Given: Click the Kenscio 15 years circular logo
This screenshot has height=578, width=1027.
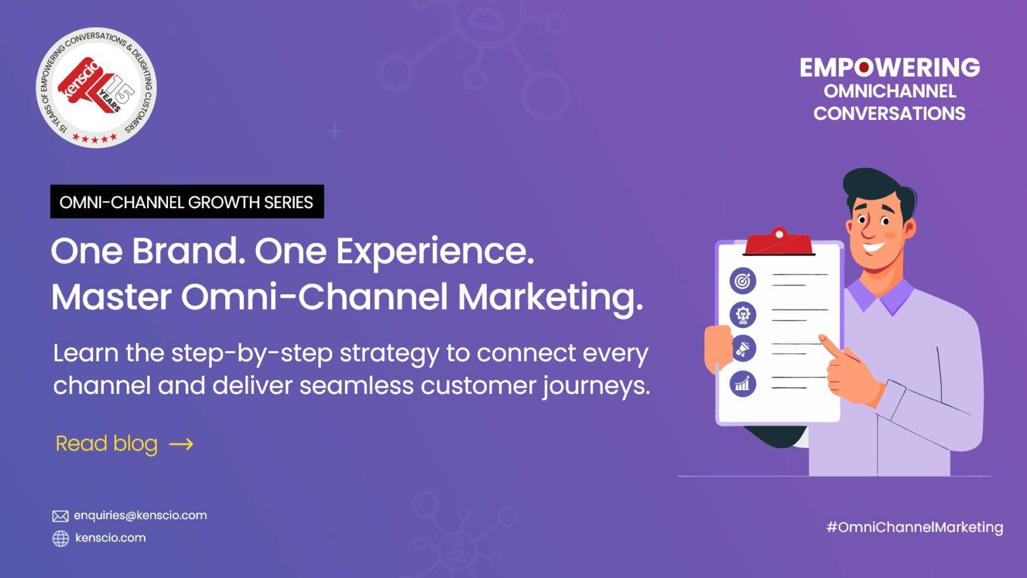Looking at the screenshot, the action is tap(96, 88).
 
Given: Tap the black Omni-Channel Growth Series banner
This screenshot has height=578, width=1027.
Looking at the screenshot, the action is tap(187, 201).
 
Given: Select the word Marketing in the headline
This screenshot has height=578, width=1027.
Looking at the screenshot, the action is tap(551, 299).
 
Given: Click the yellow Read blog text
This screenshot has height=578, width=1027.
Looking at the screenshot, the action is tap(107, 443).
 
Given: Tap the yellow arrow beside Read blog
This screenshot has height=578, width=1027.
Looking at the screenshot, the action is tap(181, 444).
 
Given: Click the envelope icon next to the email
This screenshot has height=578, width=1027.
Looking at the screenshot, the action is tap(60, 516).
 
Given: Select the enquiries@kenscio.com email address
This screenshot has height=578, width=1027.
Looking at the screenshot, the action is tap(140, 515).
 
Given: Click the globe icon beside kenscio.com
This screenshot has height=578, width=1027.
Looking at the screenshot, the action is tap(60, 539).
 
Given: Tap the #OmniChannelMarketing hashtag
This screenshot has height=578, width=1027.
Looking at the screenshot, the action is tap(915, 527).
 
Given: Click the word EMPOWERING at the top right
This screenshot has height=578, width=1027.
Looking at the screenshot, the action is tap(890, 67).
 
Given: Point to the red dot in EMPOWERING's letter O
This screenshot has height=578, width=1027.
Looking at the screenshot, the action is tap(864, 68).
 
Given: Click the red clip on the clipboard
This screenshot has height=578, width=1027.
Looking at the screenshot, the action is tap(779, 242).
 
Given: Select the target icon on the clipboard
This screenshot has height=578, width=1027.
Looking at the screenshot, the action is tap(743, 280).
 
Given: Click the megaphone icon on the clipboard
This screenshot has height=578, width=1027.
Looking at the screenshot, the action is tap(743, 348).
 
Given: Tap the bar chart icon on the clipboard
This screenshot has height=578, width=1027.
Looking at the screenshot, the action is tap(743, 383).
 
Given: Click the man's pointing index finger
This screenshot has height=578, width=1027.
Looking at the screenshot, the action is tap(830, 346).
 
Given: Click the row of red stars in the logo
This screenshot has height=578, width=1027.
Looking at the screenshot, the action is tap(95, 138).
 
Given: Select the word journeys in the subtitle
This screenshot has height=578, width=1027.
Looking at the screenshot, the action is tap(597, 387).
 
